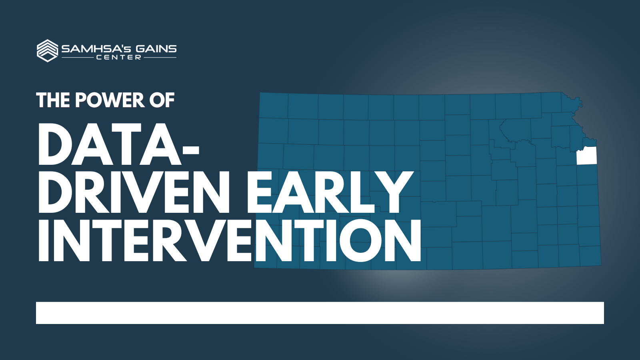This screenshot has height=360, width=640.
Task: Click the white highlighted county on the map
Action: pos(586,156)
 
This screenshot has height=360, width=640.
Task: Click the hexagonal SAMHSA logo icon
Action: pos(48,50)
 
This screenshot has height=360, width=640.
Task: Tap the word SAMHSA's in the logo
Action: pos(96,49)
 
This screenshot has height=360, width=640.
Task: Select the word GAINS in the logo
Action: pos(156,49)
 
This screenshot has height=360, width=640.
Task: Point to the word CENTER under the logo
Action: pos(118,58)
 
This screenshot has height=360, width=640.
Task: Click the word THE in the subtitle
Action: pos(53,100)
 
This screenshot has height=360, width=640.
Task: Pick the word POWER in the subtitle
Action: pos(110,100)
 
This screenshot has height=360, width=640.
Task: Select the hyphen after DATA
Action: pos(190,150)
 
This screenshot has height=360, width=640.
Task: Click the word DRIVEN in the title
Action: pos(134,192)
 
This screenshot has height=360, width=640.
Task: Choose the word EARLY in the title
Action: pos(330,192)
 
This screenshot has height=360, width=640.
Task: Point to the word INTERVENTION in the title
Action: pos(230,240)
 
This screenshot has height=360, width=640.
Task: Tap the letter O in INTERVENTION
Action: pos(360,240)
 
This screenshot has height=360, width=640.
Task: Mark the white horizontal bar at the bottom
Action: pos(320,313)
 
